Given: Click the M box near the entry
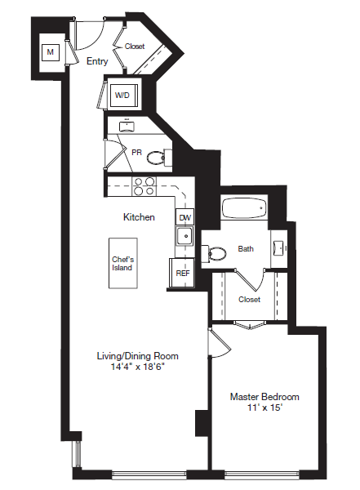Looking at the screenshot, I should [x=51, y=53].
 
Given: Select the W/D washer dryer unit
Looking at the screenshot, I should [x=122, y=96].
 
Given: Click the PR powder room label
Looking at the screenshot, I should [x=137, y=151].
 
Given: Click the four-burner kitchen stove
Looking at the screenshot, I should [x=144, y=187].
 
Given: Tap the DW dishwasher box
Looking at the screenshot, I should [x=185, y=217].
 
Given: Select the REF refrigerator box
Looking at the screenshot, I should [x=183, y=273].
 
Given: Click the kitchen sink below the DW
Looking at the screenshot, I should [x=184, y=237].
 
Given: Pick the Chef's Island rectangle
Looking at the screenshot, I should [x=122, y=263].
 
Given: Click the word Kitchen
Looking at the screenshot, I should [x=139, y=217].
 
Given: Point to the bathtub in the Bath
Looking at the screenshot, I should [x=245, y=209].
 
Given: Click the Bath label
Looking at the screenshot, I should [x=246, y=249].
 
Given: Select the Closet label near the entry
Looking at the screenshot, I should [x=135, y=47].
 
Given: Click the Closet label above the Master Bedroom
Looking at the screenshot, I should [x=250, y=299].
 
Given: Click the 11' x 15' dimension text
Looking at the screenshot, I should [x=264, y=408].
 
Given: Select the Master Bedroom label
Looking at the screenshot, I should [x=264, y=397].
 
